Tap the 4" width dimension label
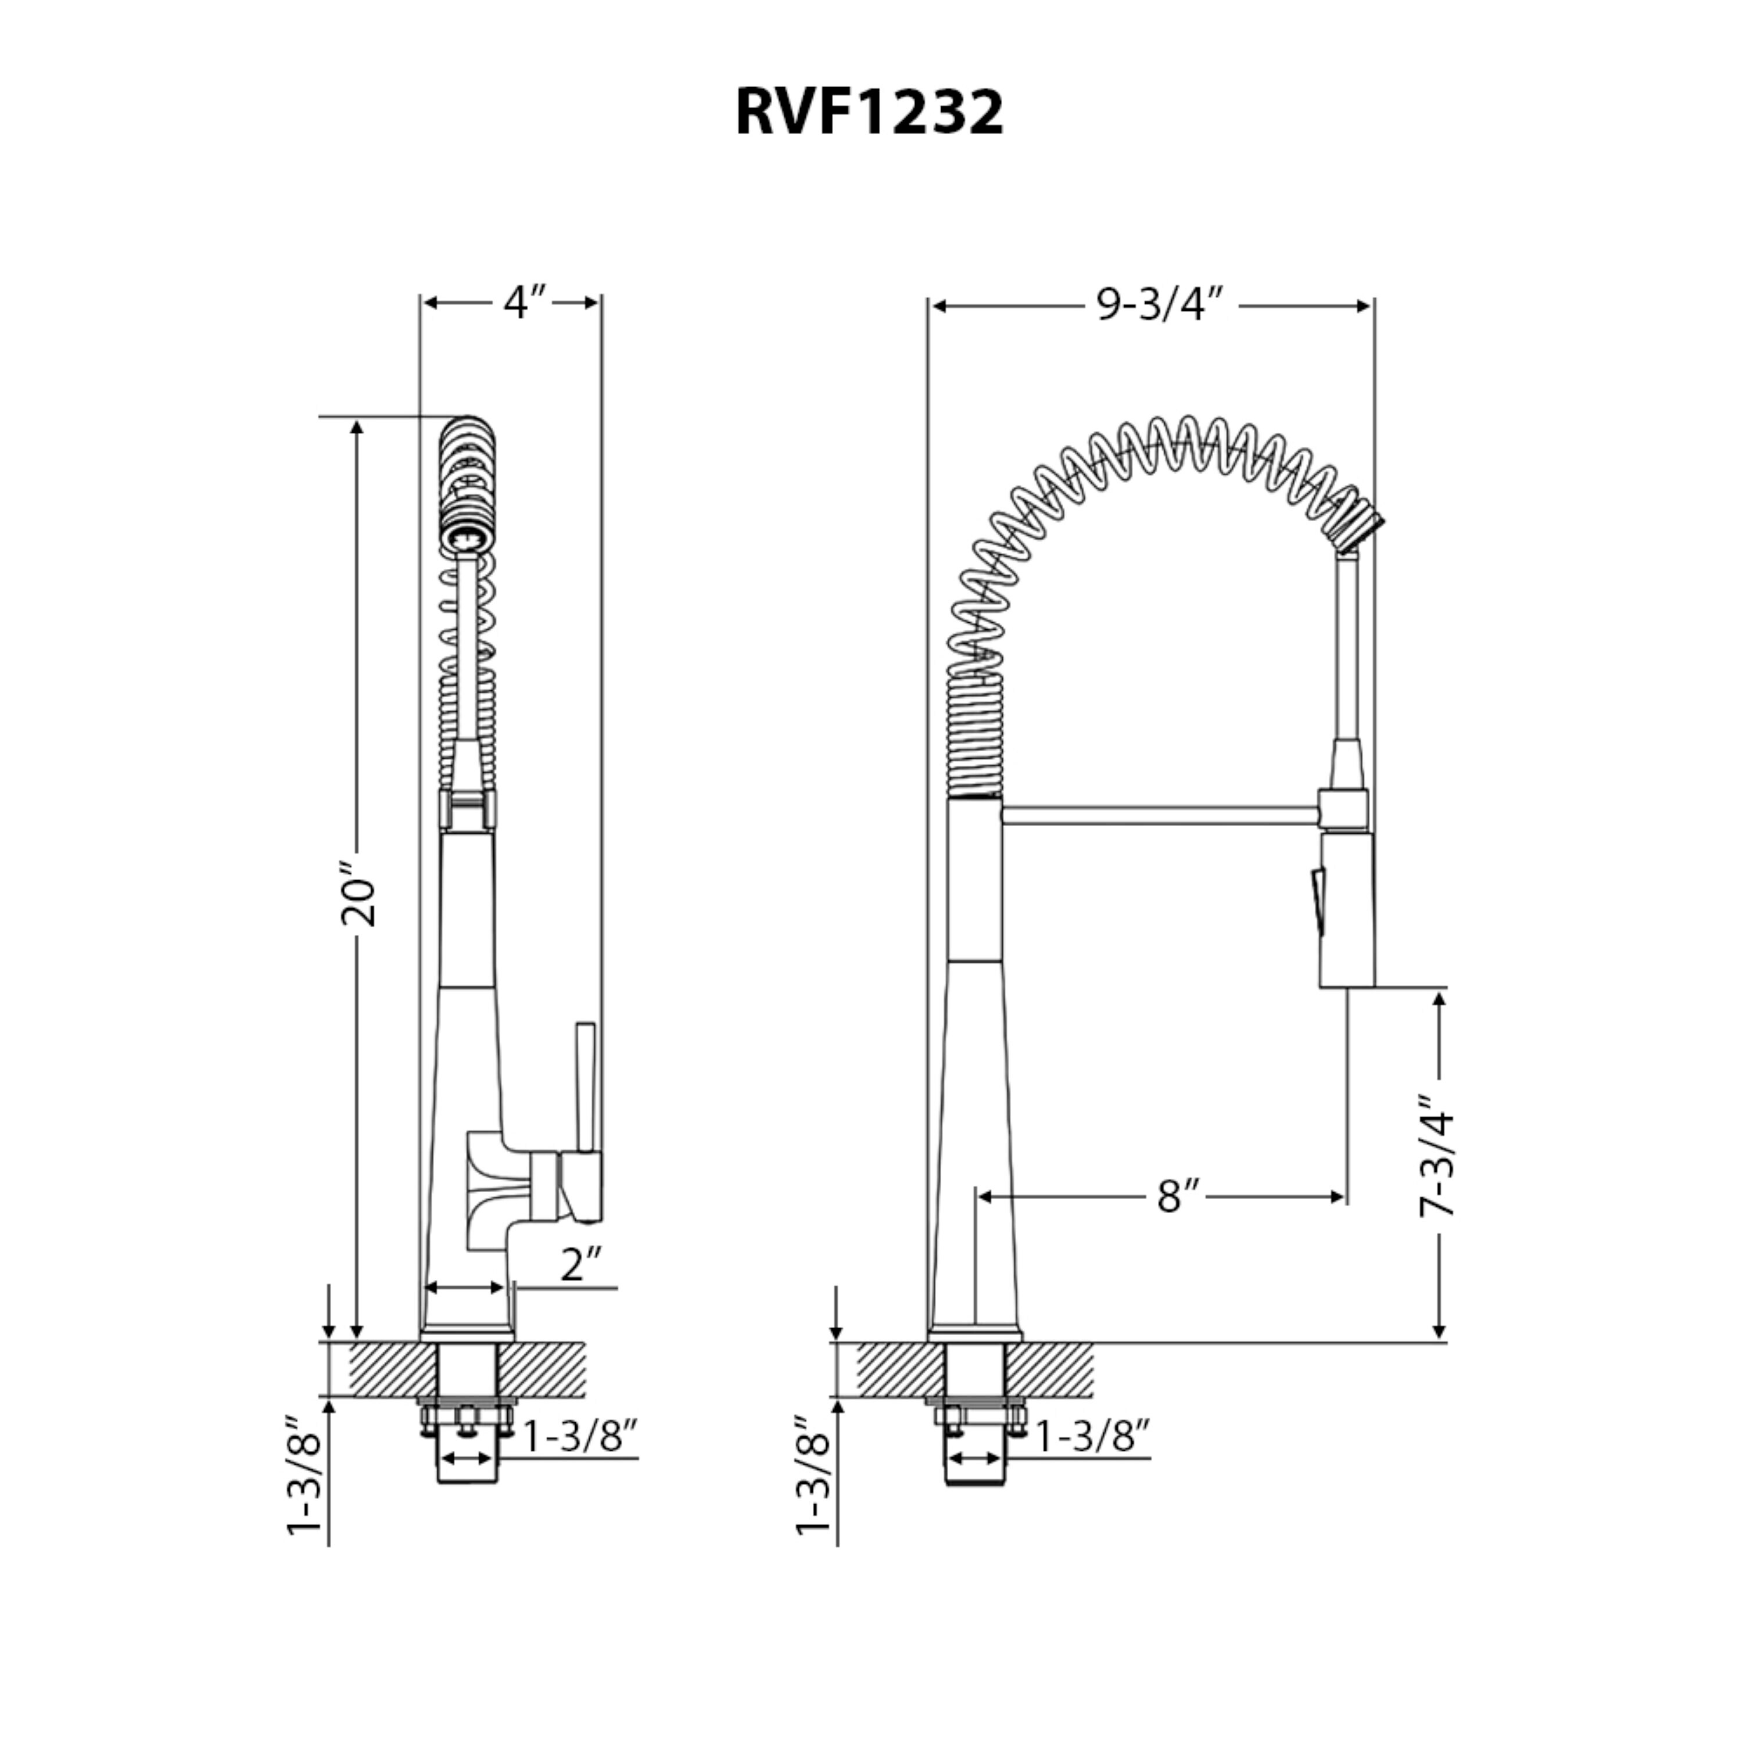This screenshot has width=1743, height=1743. point(525,303)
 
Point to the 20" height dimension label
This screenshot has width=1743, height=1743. point(358,899)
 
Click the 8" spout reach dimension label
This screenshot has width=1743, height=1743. point(1179,1197)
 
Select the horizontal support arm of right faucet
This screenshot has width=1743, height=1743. point(1159,816)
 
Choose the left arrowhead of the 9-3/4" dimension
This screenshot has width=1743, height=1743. point(938,306)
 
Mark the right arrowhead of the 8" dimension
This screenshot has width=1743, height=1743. point(1338,1197)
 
